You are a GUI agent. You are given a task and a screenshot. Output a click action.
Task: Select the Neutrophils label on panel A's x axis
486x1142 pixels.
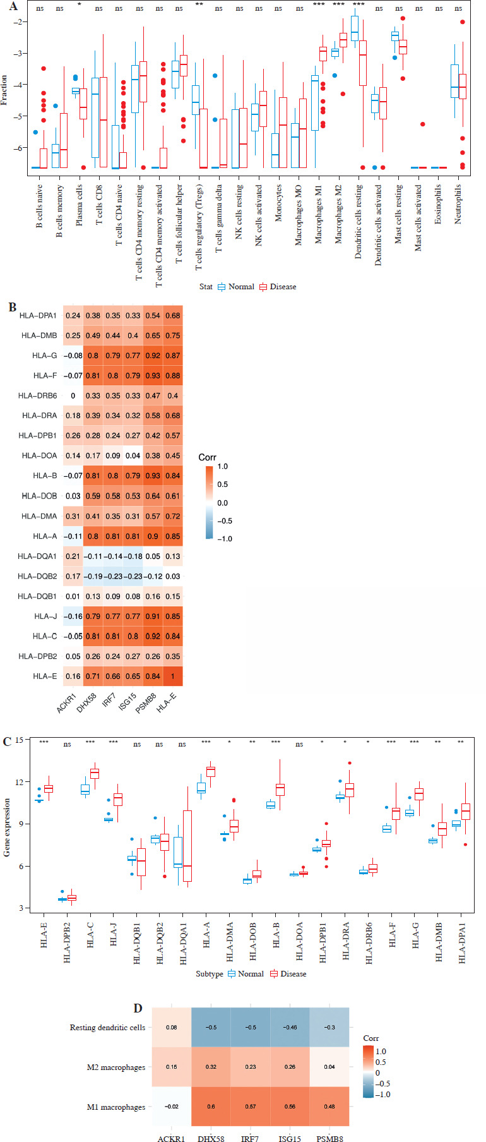458,204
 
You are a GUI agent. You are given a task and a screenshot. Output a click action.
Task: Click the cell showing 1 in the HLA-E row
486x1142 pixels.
172,676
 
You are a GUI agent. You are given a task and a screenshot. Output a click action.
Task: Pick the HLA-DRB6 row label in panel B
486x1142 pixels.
39,395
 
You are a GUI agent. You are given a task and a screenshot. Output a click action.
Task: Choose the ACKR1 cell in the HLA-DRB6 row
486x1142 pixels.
73,395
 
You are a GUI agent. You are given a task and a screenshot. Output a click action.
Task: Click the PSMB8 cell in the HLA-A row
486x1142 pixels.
153,536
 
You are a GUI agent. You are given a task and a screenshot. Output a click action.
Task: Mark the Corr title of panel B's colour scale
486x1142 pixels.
207,457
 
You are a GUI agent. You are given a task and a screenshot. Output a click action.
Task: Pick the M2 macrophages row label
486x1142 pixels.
116,1067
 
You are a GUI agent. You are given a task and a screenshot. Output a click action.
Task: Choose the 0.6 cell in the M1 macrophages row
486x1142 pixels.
211,1107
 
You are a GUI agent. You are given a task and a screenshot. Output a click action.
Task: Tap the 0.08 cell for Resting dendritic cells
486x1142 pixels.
171,1028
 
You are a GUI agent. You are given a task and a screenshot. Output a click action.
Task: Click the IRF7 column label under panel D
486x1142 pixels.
251,1138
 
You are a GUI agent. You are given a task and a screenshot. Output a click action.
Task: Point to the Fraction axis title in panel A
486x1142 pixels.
5,89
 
